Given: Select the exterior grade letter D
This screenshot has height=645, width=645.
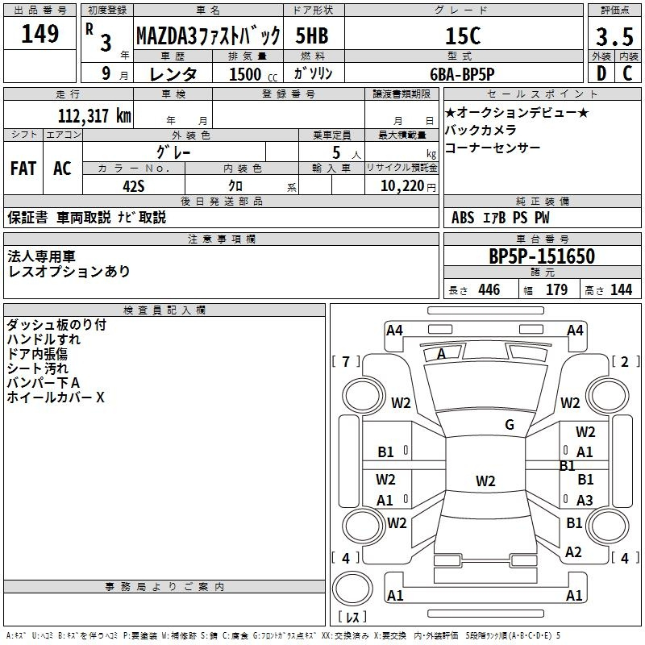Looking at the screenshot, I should point(601,73).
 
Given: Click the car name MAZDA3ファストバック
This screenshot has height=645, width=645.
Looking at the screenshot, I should point(207,35).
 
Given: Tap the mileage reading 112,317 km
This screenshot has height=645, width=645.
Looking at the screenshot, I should point(94,115).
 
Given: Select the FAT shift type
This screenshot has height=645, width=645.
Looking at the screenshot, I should point(23,169).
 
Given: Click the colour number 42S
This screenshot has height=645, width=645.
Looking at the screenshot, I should point(134,185).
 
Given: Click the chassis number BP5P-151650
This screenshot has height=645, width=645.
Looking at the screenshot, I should point(542,256).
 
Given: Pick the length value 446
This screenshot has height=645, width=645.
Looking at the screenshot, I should point(489,290).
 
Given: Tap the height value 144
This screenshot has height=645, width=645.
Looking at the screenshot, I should point(621,290).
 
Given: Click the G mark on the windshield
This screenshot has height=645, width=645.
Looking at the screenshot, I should point(509,424).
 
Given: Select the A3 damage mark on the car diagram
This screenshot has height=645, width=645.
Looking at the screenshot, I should point(585,500).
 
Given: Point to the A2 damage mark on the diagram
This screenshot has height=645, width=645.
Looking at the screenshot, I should point(573,552).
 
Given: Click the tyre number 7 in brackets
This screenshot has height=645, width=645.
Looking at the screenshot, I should point(346,361).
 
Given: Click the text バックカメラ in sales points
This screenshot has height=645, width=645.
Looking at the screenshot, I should point(481,130).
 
